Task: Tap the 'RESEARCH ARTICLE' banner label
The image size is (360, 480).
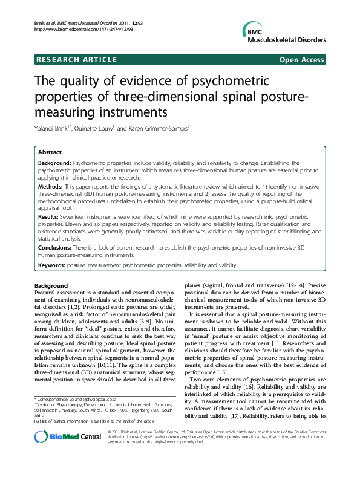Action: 76,59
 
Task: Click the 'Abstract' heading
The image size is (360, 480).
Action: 50,153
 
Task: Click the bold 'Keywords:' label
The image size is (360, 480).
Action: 52,265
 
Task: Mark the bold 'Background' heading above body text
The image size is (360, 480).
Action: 51,285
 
